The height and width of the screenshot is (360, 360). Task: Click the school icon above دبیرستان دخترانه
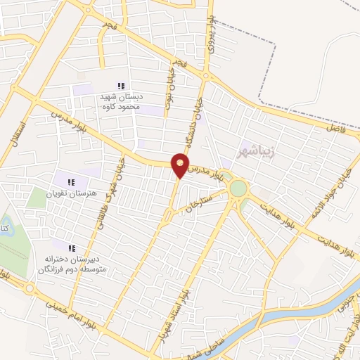point(72,247)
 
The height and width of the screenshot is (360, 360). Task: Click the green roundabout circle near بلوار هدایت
point(239,188)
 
